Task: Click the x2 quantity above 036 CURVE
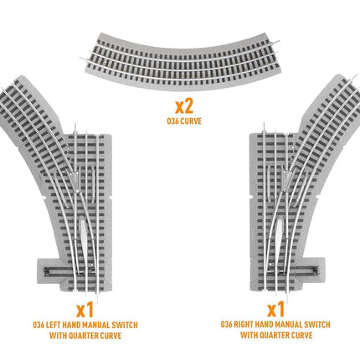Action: point(184,106)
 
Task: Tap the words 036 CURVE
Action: point(184,121)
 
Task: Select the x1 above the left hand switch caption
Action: point(85,311)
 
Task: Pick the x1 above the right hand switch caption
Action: point(275,309)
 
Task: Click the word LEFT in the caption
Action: point(53,325)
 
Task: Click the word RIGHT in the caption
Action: point(243,325)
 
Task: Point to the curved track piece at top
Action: point(182,62)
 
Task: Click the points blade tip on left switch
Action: point(75,173)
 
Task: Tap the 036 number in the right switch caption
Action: point(226,325)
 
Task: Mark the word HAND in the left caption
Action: point(70,325)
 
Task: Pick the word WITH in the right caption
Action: point(249,335)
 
